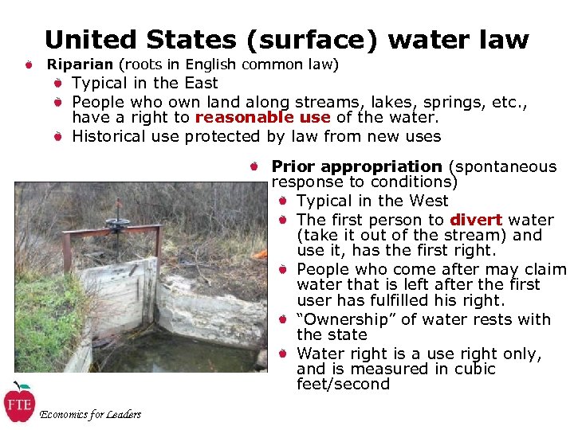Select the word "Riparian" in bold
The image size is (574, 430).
click(81, 64)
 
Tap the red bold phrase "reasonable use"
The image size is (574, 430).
click(262, 117)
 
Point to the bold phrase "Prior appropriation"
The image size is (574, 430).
click(356, 166)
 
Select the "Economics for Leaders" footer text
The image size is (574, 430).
click(90, 414)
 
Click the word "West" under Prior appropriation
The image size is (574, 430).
click(427, 201)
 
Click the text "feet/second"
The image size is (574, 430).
click(343, 385)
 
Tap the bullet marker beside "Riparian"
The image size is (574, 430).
click(28, 64)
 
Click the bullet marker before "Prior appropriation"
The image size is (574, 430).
click(251, 166)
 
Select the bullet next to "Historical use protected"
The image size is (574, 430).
click(58, 136)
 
